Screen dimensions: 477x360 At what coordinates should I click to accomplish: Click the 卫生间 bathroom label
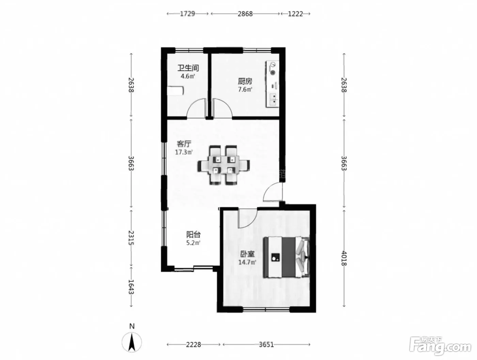[188, 68]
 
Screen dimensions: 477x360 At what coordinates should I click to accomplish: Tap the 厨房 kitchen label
[245, 81]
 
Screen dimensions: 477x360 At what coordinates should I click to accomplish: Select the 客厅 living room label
[184, 144]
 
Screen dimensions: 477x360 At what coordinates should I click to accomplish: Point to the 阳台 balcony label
[194, 235]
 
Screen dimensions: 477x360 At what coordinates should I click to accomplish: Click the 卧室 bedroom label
[247, 254]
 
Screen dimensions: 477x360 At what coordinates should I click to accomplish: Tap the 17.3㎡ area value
[184, 152]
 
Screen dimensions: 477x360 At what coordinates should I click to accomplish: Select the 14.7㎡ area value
[247, 262]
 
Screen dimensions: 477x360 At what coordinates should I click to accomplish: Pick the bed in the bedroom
[287, 257]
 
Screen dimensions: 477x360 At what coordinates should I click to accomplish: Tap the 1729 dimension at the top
[187, 14]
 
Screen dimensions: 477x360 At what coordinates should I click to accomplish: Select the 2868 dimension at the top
[245, 14]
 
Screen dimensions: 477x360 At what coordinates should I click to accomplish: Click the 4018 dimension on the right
[344, 259]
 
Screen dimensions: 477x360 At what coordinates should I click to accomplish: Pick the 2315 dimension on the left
[131, 238]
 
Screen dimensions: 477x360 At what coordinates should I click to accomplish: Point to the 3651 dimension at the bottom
[266, 344]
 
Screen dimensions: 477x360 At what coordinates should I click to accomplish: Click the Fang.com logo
[440, 348]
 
